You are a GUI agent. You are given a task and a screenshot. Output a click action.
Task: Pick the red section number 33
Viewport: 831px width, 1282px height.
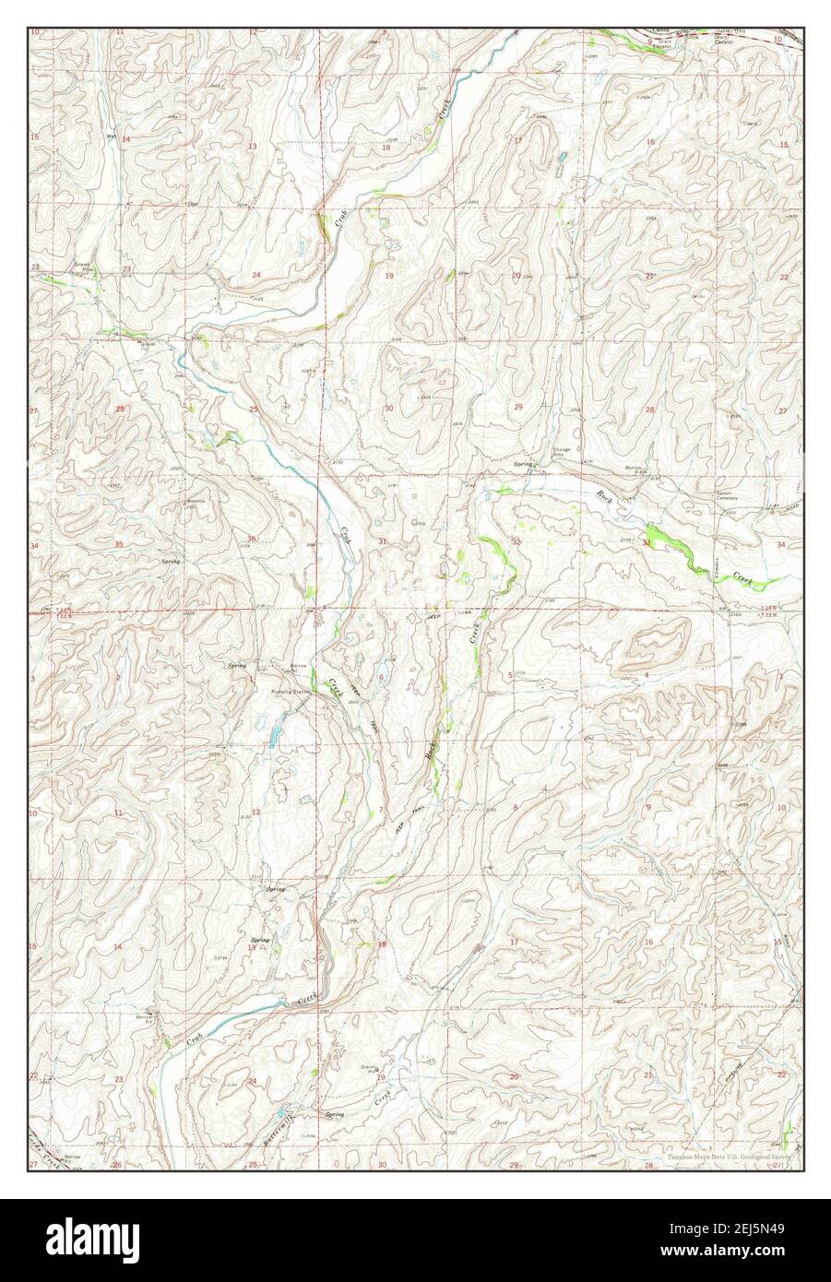tap(647, 542)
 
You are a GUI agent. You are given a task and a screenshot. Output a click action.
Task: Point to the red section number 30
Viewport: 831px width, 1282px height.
tap(388, 409)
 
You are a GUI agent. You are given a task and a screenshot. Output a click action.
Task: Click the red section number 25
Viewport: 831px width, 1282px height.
tap(253, 409)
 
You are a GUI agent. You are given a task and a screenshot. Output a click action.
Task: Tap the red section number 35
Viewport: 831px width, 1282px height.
tap(118, 544)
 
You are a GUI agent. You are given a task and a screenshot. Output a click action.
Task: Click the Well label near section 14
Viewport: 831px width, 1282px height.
tap(109, 132)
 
